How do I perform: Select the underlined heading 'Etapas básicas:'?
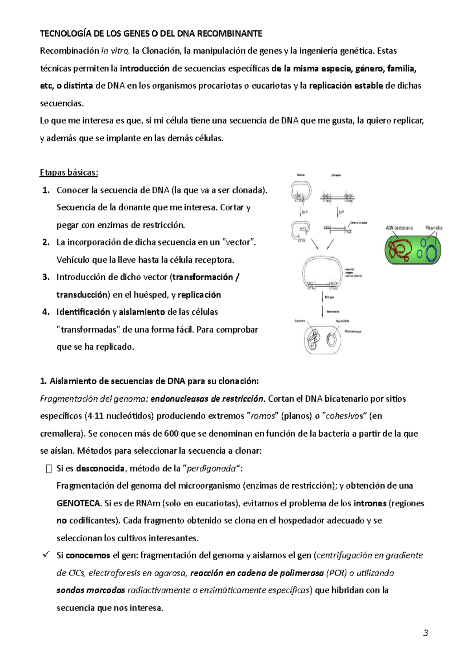coord(69,173)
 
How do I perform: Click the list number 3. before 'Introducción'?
coord(46,277)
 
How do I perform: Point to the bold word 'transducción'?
coord(82,295)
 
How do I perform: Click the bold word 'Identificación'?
coord(83,312)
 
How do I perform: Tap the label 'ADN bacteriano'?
coord(399,228)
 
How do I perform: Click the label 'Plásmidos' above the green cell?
coord(433,228)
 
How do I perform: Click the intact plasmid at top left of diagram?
coord(301,191)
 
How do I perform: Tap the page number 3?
coord(425,633)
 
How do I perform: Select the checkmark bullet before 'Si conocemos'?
coord(46,555)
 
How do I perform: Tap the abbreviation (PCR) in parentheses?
coord(337,573)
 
